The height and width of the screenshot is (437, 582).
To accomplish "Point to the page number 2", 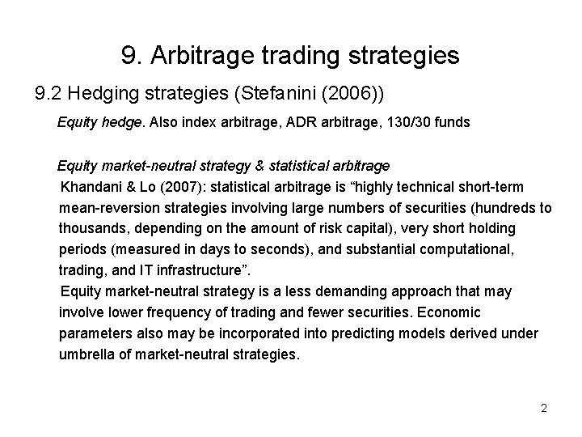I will click(x=544, y=408).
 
